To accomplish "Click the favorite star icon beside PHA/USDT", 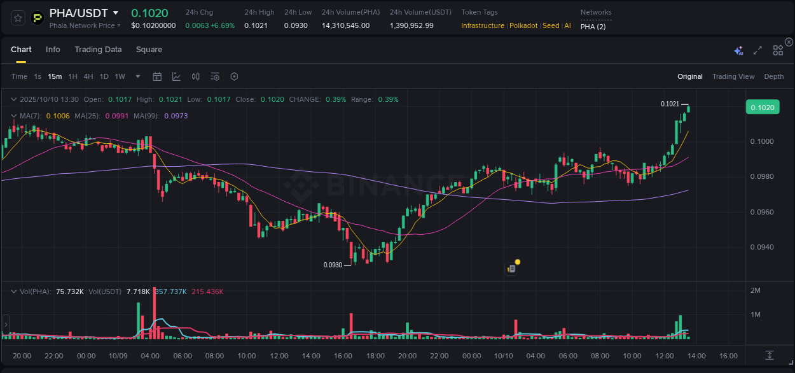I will point(18,18).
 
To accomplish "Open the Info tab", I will point(53,50).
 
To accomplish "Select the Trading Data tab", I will point(98,50).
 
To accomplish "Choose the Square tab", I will point(149,50).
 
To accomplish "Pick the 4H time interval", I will point(88,77).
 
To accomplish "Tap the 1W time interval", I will point(120,77).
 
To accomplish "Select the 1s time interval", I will point(38,77).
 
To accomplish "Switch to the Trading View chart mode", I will point(733,77).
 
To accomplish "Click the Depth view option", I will point(773,77).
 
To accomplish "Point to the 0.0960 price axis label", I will point(762,212).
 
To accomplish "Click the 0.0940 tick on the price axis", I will point(762,247).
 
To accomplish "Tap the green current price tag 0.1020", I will point(762,108).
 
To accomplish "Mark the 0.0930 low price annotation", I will point(333,265).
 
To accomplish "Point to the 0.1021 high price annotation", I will point(670,104).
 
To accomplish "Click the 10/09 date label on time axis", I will point(118,356).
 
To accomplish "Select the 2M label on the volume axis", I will point(756,291).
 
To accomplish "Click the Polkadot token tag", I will point(523,25).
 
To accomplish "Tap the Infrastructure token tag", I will point(483,25).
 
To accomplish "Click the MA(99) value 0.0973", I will point(176,116).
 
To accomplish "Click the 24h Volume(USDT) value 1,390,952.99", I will point(411,25).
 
